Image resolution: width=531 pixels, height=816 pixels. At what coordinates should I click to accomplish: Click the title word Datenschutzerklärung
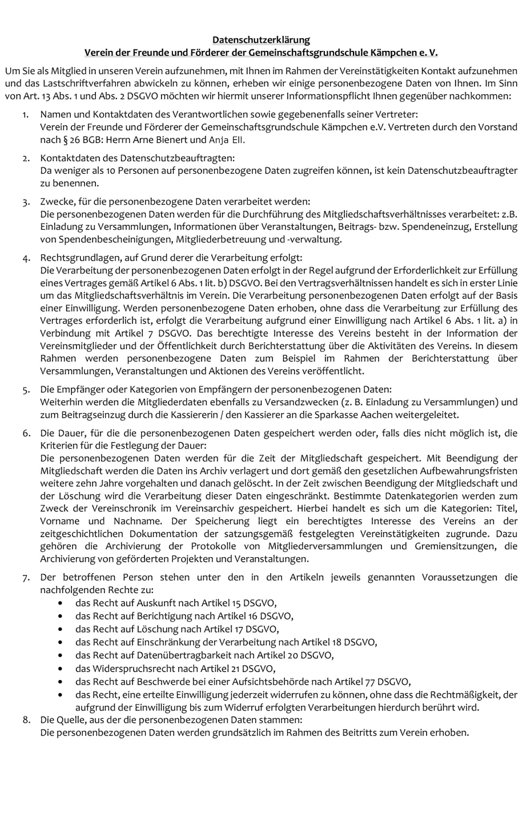coord(261,40)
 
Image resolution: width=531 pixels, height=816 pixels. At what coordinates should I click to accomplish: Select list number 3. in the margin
coord(26,202)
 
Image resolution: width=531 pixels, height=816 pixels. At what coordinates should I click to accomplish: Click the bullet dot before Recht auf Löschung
coord(61,629)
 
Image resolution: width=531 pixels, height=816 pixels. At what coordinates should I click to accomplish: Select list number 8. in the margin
coord(26,719)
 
